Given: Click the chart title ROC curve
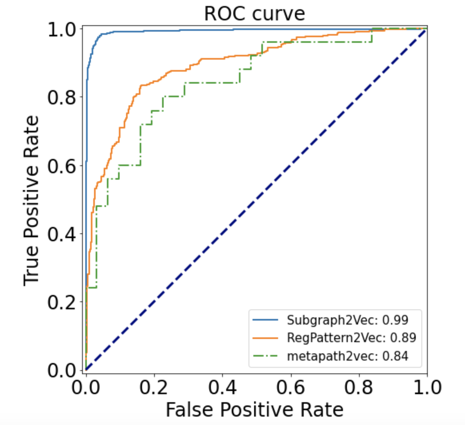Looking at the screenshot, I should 255,14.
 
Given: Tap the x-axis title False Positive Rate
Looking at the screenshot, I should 255,409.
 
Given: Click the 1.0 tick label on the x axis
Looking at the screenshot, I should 425,387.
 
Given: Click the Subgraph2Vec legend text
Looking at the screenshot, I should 348,320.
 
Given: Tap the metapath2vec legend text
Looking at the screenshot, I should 348,356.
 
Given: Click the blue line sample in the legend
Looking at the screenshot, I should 266,320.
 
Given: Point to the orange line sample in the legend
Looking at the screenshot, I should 266,338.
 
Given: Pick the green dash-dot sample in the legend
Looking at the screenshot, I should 266,356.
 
